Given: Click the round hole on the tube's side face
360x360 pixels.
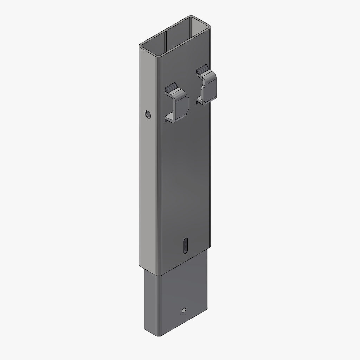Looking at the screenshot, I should coord(148,114).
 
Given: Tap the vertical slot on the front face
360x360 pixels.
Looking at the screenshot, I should coord(185,245).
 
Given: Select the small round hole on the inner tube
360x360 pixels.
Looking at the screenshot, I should coord(184,310).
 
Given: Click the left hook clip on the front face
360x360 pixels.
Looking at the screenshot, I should coord(177,104).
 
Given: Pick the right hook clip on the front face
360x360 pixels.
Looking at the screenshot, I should coord(208,85).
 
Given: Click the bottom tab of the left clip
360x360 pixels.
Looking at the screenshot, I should coord(170,119).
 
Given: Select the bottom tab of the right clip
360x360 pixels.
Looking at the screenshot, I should coord(201,102).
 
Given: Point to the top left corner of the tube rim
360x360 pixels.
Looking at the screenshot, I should coord(140,45).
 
